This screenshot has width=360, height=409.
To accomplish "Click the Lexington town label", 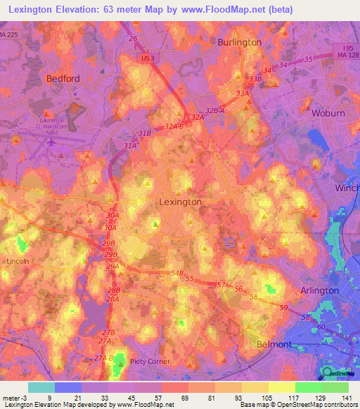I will (x=181, y=202).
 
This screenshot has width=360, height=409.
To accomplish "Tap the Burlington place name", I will (x=238, y=42).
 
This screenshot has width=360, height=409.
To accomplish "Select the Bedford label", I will (x=63, y=79).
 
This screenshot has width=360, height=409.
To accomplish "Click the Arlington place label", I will (x=320, y=290).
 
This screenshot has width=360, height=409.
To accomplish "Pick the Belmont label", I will (x=273, y=344).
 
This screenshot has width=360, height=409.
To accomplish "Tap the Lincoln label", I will (x=16, y=261).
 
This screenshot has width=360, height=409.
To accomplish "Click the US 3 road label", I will (x=147, y=58).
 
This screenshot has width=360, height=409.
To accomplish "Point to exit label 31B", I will (x=145, y=133).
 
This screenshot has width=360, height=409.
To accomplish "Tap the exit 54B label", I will (x=176, y=273).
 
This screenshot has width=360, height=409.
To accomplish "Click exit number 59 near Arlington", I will (x=283, y=308).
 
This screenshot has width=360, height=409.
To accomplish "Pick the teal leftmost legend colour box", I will (x=41, y=387).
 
